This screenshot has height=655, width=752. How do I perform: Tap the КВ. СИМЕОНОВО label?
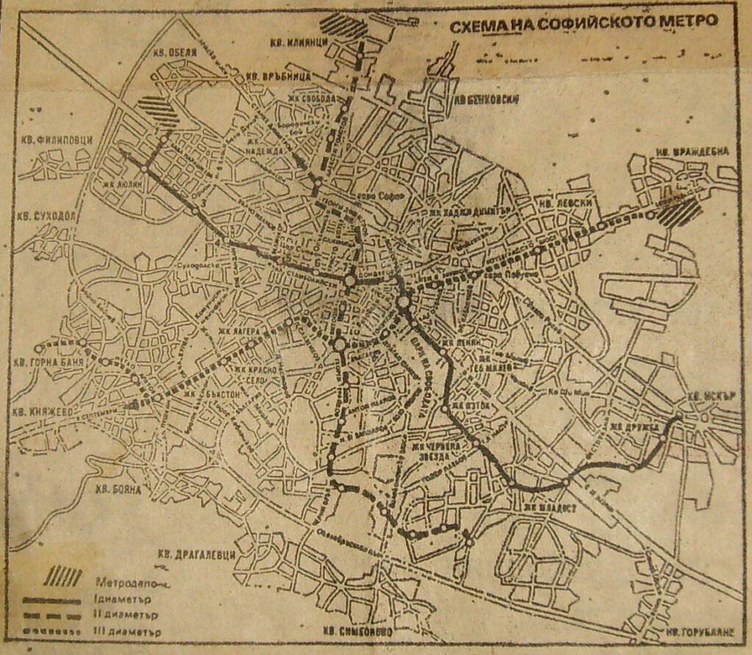pyautogui.click(x=357, y=631)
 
